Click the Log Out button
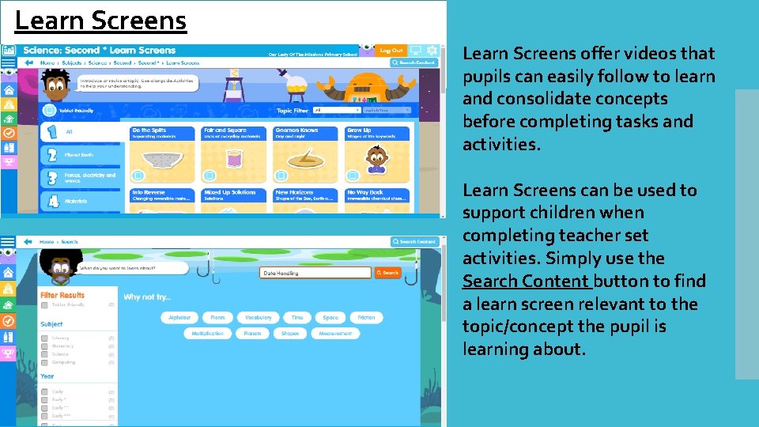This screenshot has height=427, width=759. point(391,50)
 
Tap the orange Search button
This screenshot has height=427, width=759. point(387,273)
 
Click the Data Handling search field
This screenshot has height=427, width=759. point(315,273)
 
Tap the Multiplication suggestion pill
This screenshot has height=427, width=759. point(208,334)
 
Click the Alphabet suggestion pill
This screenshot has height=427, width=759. point(179,317)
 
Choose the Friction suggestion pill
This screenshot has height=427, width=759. point(366,317)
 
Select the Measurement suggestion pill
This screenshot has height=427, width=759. point(335,334)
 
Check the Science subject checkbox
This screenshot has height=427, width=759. point(44,354)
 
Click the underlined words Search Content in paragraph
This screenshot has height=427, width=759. point(526,282)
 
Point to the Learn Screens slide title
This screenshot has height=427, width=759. point(100,20)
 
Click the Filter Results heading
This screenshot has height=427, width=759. point(62,295)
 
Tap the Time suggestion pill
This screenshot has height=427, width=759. point(296,317)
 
